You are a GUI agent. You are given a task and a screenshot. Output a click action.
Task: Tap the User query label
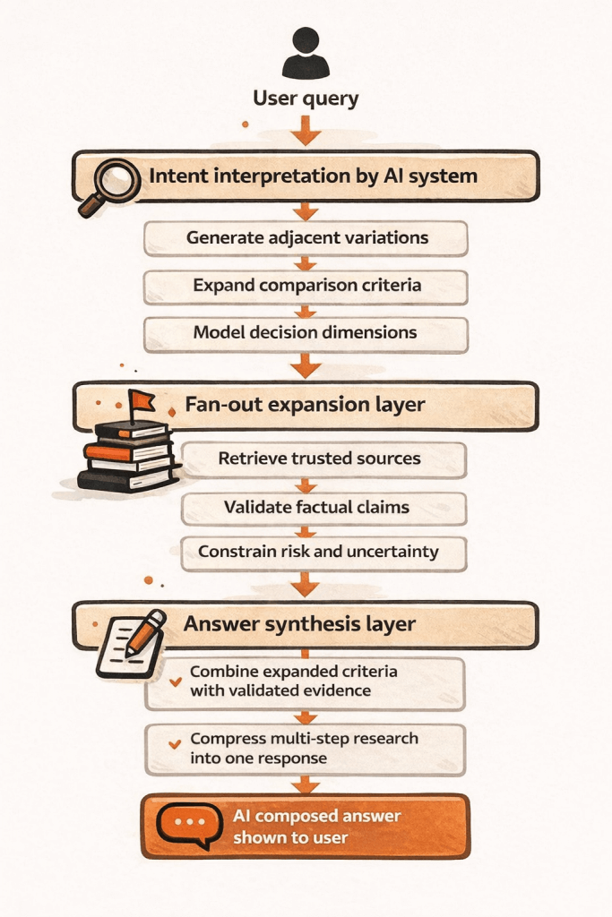(306, 99)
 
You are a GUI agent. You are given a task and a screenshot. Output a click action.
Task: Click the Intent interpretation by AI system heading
(313, 176)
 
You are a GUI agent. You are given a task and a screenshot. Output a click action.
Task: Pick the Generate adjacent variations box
(306, 238)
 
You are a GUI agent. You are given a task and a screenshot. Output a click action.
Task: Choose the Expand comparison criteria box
(306, 287)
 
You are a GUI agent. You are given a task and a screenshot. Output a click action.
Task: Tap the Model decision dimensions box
(306, 333)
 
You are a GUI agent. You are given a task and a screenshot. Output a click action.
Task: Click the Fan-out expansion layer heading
(305, 405)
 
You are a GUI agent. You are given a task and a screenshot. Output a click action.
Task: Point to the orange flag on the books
(141, 401)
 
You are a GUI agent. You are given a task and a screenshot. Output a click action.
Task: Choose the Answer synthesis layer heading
(299, 623)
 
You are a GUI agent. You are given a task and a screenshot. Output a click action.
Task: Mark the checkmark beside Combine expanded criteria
(176, 681)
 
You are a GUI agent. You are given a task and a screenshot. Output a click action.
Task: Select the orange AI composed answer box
(305, 827)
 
